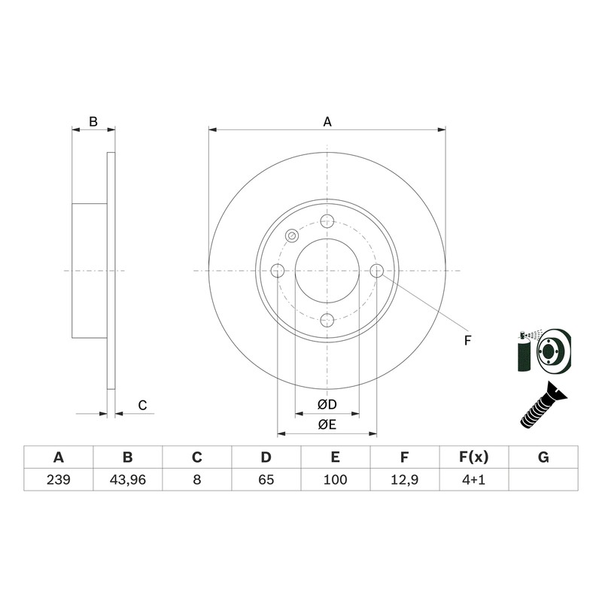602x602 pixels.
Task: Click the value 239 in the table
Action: [59, 479]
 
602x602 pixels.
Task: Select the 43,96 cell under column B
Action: [127, 479]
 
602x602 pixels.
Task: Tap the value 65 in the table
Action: [266, 479]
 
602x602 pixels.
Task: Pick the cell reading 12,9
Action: [405, 479]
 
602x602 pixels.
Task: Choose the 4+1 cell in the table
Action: [474, 479]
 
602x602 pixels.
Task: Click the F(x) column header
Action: [474, 458]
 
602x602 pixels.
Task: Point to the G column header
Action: [543, 458]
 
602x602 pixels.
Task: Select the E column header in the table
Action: [335, 458]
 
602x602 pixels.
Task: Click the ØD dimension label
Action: [327, 404]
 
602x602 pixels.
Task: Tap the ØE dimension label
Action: [327, 424]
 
